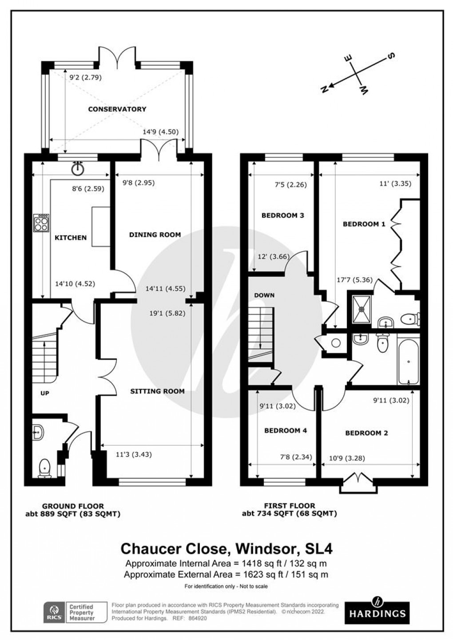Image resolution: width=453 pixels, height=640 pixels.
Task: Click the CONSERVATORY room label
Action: (117, 109)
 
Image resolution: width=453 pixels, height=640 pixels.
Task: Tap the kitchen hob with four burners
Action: (41, 223)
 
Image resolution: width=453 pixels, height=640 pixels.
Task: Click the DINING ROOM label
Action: (155, 235)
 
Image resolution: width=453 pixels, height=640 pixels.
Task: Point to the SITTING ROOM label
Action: (157, 391)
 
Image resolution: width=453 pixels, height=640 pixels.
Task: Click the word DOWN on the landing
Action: (264, 295)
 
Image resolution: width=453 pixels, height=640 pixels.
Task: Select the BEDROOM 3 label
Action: (282, 215)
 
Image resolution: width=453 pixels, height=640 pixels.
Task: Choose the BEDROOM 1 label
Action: (364, 224)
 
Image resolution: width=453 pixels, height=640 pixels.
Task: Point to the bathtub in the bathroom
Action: (408, 362)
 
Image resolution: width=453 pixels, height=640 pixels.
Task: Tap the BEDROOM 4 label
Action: (286, 430)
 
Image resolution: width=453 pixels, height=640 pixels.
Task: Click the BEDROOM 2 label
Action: (367, 433)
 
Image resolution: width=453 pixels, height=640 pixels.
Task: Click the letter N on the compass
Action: (324, 89)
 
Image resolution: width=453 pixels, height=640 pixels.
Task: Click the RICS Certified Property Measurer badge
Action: (75, 612)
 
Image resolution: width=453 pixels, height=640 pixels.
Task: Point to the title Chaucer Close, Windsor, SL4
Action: (226, 549)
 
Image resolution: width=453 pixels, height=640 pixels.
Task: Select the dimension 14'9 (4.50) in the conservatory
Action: (160, 132)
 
